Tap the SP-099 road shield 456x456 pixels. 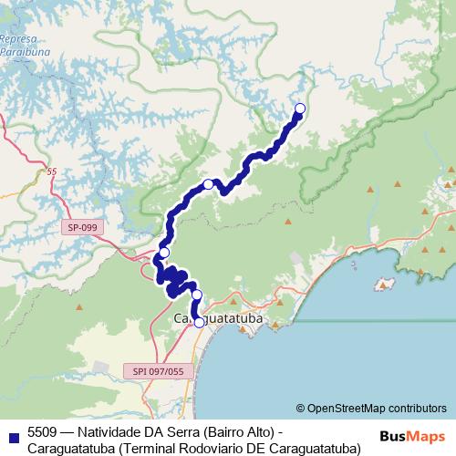coord(82,227)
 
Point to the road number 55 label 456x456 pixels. coord(50,171)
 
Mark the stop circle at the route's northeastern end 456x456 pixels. coord(300,109)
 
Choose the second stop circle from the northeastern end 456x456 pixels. coord(208,185)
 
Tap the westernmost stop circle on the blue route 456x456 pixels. coord(164,253)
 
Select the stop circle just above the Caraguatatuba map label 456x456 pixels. coord(196,295)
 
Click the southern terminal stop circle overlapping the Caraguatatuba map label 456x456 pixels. coord(199,322)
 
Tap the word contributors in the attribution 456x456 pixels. coord(415,408)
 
